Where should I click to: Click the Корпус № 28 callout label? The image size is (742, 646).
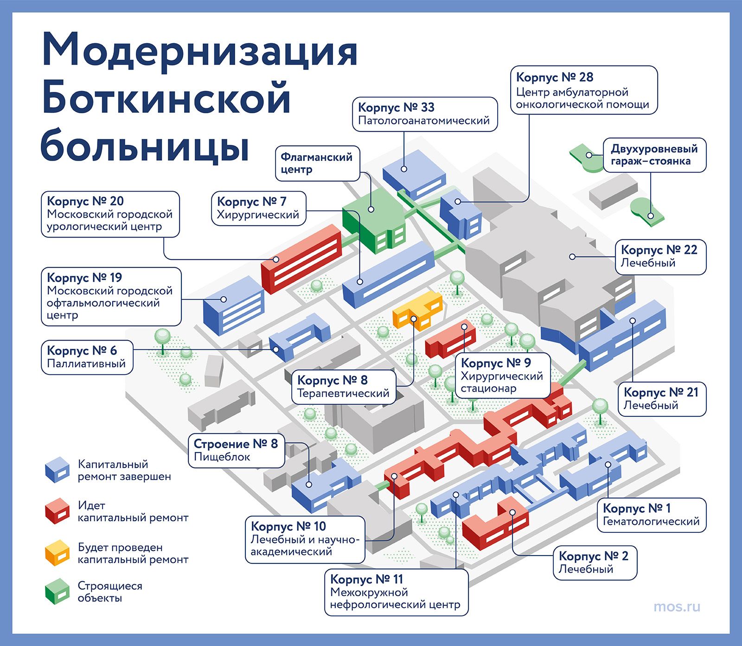584,90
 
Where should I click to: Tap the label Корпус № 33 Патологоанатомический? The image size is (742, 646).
425,114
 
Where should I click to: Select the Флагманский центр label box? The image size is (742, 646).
318,163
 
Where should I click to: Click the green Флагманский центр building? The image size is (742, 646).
374,221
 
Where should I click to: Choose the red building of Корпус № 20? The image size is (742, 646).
301,259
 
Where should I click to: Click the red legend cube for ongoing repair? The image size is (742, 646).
57,511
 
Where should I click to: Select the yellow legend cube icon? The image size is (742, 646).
57,552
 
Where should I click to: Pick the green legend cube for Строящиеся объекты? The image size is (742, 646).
57,591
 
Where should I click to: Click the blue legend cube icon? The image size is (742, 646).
57,470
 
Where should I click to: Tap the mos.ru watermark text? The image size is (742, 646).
677,607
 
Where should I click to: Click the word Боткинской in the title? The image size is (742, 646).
166,98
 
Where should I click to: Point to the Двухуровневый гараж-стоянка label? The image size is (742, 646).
654,155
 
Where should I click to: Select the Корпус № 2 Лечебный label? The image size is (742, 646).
595,562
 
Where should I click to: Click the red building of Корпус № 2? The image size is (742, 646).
495,524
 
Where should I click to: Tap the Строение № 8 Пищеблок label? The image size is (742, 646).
236,450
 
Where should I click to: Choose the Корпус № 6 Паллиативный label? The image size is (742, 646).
87,357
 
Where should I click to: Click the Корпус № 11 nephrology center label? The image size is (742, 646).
397,592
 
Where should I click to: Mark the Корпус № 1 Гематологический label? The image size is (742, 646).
651,515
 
